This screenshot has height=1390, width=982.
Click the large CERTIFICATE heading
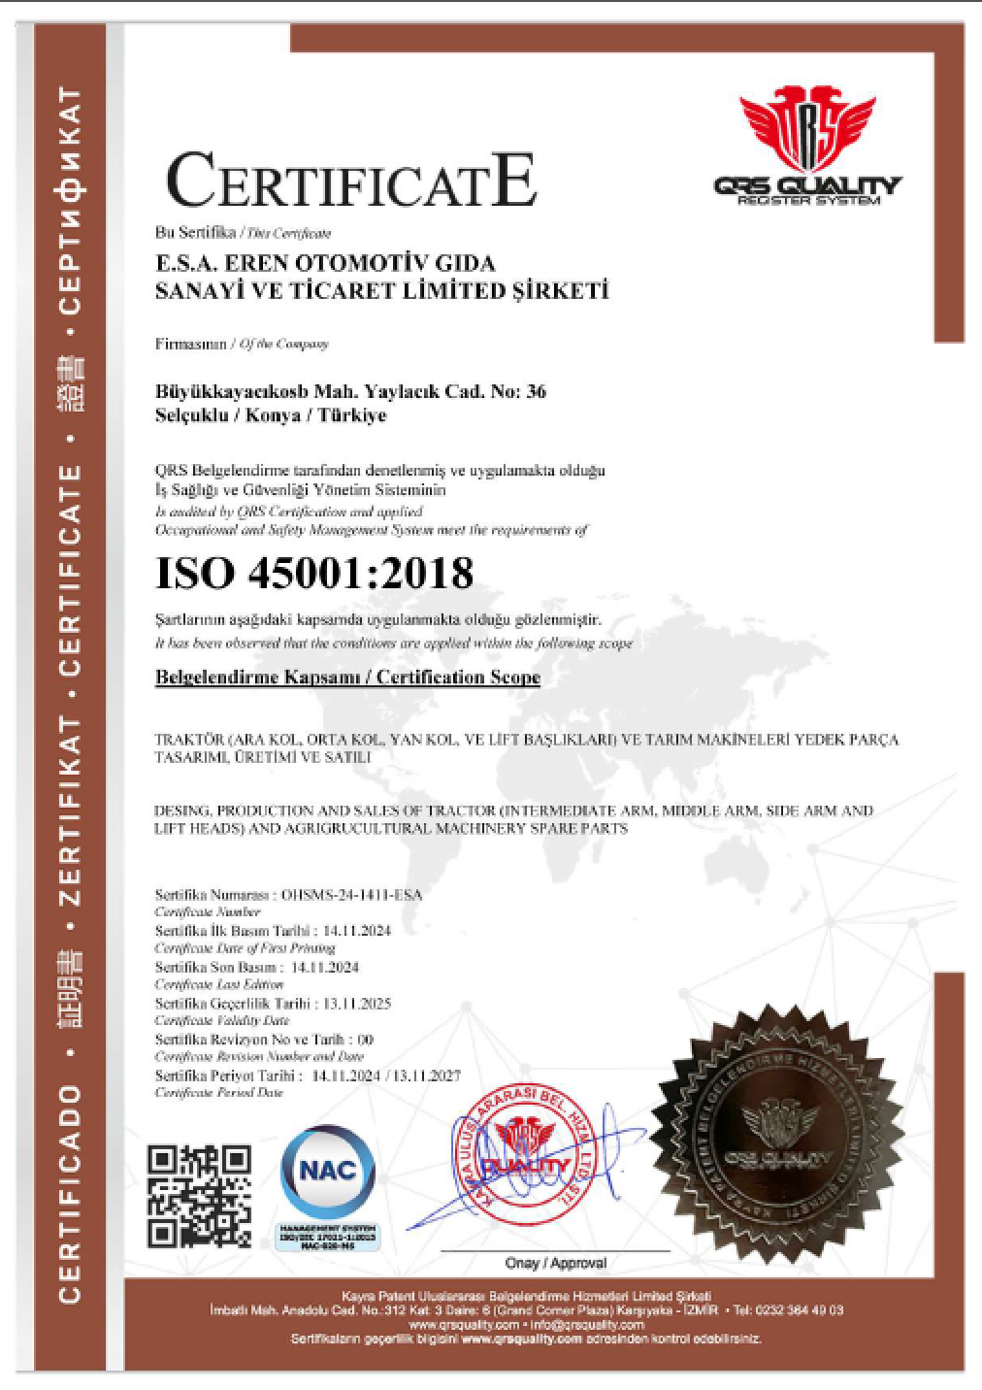click(351, 182)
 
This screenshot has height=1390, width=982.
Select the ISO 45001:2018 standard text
click(314, 574)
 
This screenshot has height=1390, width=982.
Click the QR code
click(199, 1196)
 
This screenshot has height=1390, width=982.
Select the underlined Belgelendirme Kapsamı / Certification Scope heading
click(347, 678)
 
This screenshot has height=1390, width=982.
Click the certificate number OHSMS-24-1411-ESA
click(351, 895)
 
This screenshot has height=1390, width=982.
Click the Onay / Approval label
click(555, 1263)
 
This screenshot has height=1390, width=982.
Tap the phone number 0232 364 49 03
click(801, 1310)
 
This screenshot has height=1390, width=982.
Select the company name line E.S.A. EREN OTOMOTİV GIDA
click(325, 263)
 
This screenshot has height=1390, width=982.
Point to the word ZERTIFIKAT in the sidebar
click(70, 811)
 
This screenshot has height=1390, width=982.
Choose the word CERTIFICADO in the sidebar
click(70, 1194)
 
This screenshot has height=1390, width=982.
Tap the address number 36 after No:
click(536, 392)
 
